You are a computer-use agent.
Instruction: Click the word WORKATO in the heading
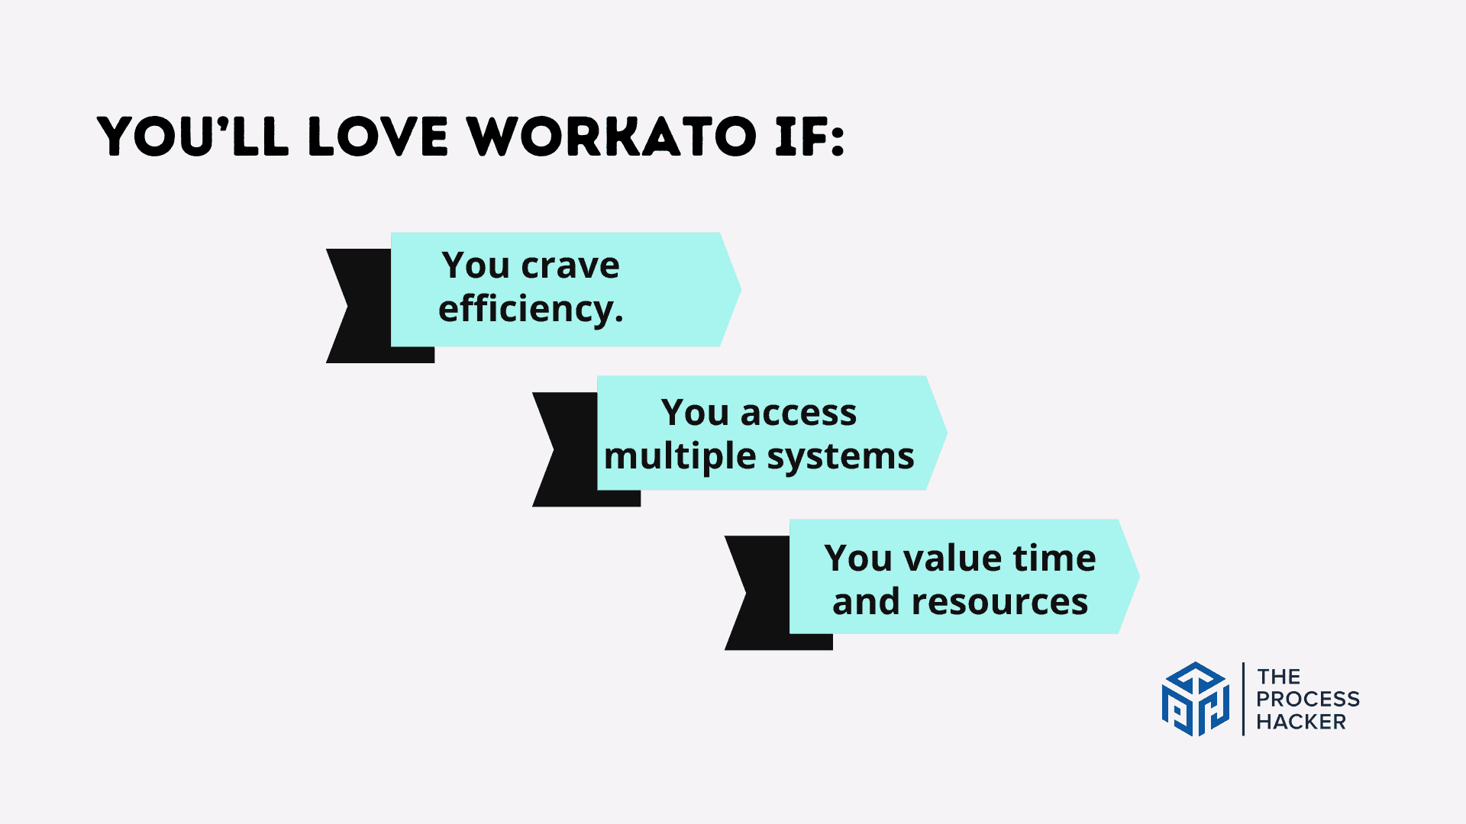tap(612, 137)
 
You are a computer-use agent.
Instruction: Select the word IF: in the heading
tap(810, 137)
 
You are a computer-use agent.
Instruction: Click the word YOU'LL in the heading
tap(193, 137)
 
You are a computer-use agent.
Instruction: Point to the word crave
tap(570, 266)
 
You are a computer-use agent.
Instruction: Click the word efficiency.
tap(531, 309)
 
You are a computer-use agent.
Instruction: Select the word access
tap(799, 414)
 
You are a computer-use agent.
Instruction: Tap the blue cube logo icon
tap(1196, 699)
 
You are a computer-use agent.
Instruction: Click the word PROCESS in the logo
tap(1308, 699)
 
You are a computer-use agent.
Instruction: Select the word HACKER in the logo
tap(1301, 722)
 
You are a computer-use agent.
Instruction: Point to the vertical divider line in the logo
tap(1243, 699)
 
